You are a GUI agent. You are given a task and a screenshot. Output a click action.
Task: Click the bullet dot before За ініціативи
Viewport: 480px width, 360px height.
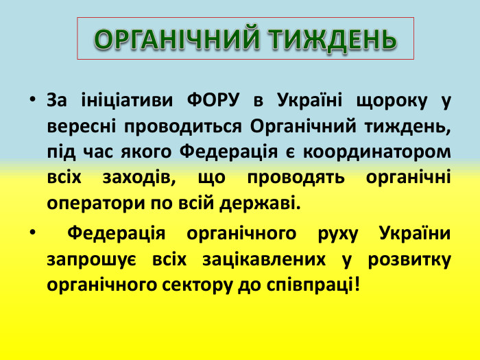pyautogui.click(x=32, y=100)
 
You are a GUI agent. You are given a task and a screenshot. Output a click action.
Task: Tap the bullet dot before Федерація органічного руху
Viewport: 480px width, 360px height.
pyautogui.click(x=32, y=232)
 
